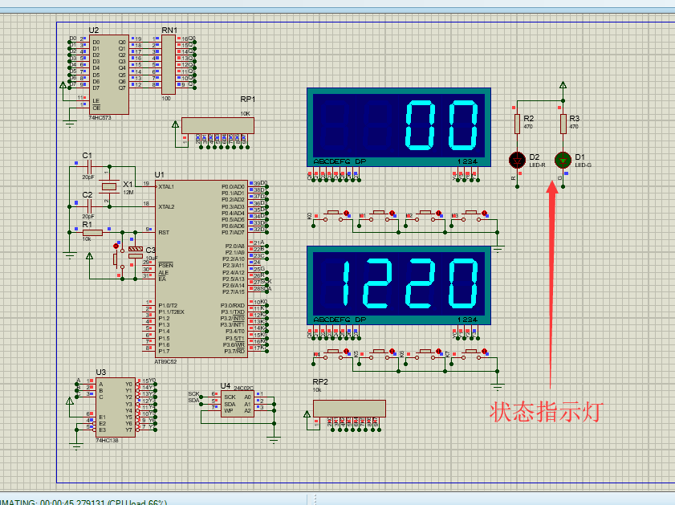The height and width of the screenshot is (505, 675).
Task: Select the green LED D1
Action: (x=563, y=159)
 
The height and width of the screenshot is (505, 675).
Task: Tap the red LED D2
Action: (x=518, y=159)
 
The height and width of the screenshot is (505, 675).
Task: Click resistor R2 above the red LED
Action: (x=518, y=122)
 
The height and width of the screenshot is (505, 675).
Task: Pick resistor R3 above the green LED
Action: (x=563, y=122)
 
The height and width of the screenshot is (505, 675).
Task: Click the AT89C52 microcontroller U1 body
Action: (x=201, y=268)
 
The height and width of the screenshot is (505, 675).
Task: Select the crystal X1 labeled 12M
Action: (x=116, y=185)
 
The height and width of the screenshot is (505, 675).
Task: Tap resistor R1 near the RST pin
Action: (x=93, y=233)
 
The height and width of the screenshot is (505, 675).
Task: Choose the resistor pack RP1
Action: (x=218, y=124)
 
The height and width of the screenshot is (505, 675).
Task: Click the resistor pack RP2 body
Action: (x=348, y=407)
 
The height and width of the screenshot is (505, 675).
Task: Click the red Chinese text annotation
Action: (x=546, y=412)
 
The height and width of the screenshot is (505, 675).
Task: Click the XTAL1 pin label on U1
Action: (x=167, y=186)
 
